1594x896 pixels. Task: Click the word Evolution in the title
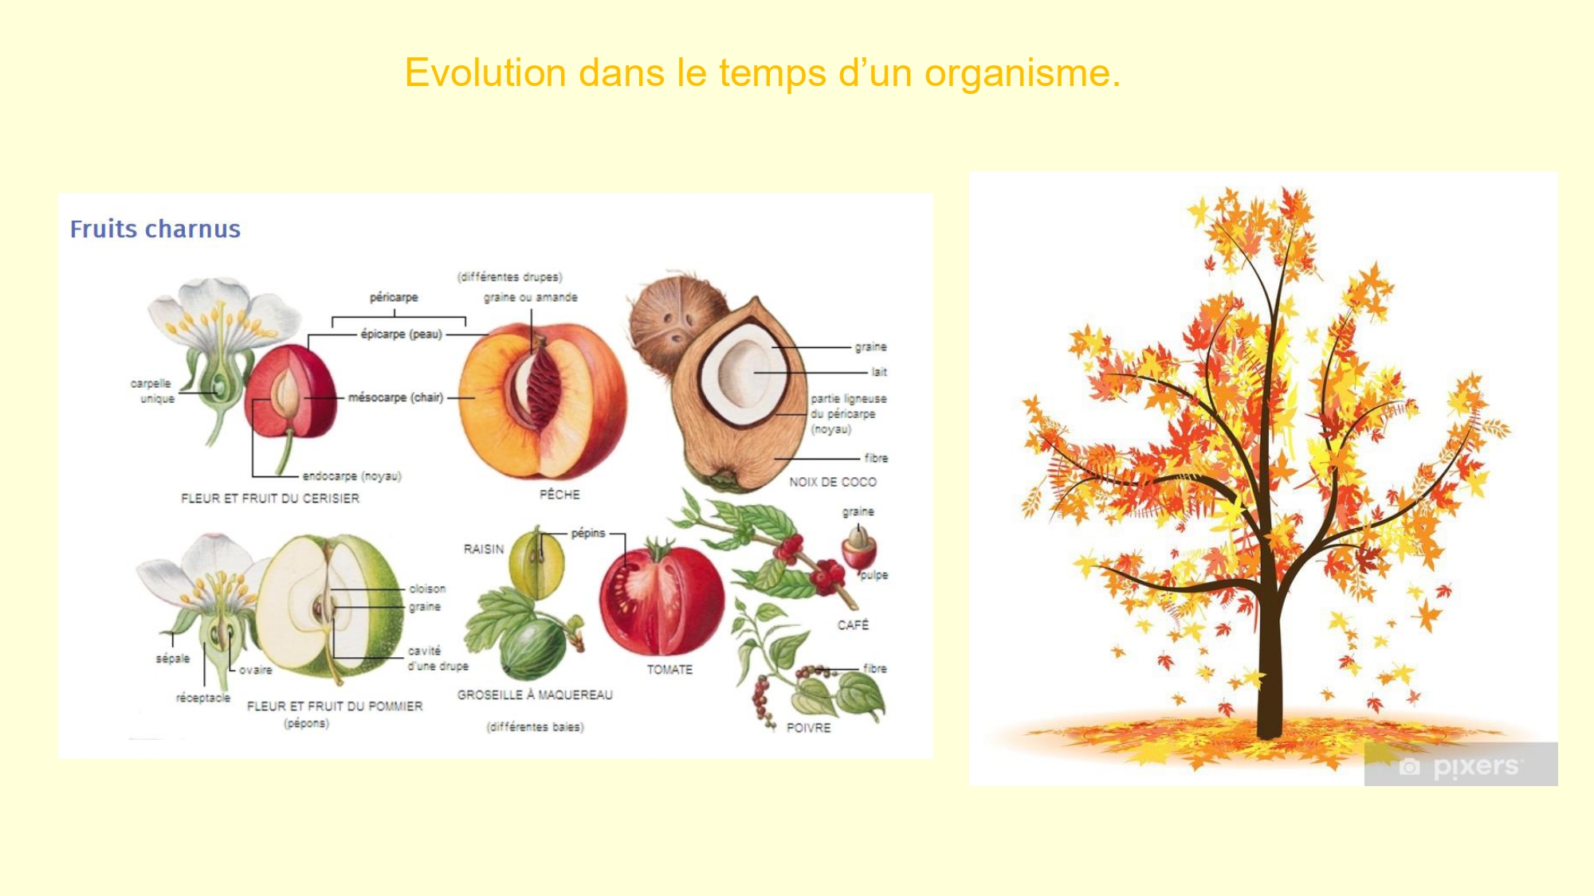click(x=485, y=72)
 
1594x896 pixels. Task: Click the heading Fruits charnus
click(x=155, y=229)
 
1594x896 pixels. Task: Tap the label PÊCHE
click(x=559, y=495)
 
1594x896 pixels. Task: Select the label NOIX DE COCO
click(x=833, y=482)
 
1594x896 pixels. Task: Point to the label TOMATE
click(x=669, y=670)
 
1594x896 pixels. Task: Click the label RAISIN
click(x=484, y=550)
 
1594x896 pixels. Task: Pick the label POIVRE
click(x=808, y=728)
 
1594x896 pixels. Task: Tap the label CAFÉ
click(x=853, y=625)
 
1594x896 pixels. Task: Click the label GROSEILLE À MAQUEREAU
click(x=535, y=695)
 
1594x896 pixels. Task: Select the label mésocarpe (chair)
click(x=395, y=397)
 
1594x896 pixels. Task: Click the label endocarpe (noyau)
click(x=351, y=476)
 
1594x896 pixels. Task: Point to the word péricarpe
click(x=394, y=297)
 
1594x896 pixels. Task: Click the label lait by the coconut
click(x=879, y=372)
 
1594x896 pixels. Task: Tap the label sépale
click(x=173, y=659)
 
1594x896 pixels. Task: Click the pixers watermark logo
click(x=1461, y=765)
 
